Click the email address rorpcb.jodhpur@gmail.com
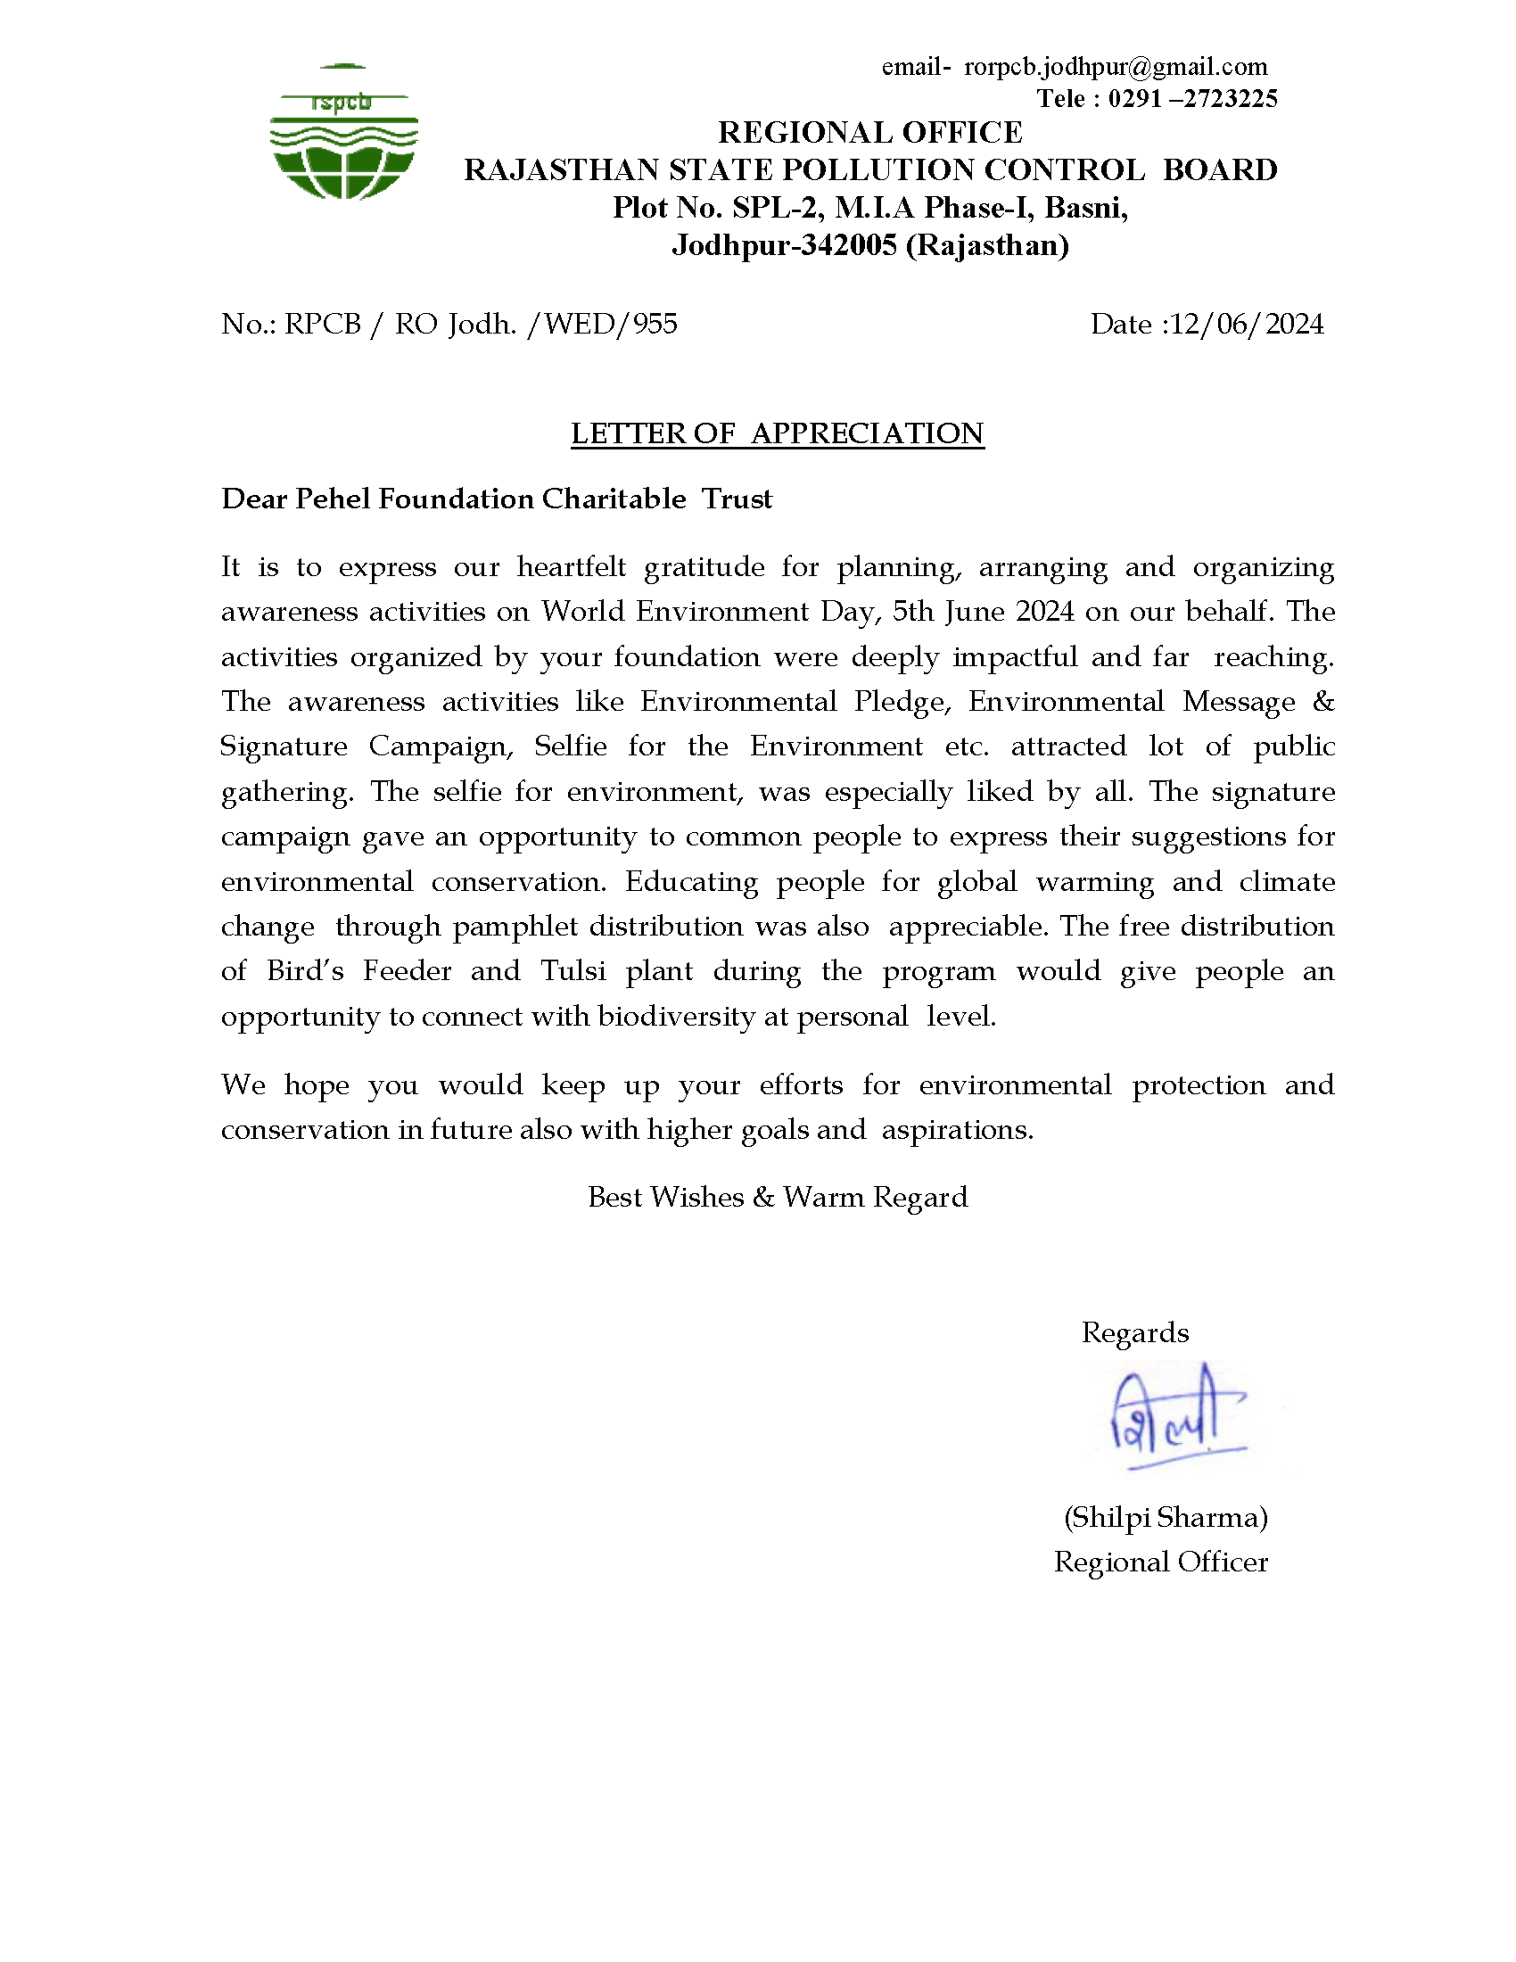[1116, 68]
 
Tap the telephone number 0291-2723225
[1191, 99]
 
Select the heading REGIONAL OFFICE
[869, 133]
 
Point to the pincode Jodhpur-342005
[785, 245]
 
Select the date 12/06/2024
[1248, 325]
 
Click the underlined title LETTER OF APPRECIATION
[777, 434]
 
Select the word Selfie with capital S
[571, 746]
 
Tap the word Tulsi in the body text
[573, 971]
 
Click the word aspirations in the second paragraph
[957, 1130]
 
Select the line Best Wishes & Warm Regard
[778, 1198]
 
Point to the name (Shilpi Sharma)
[1166, 1517]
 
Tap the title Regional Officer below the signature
[1160, 1562]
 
